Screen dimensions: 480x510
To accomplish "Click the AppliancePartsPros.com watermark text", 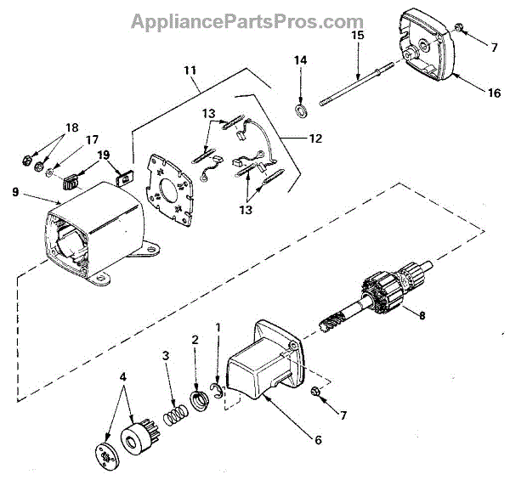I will point(246,21).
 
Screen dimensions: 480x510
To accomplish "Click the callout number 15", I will point(357,36).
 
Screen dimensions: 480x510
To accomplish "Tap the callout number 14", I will point(300,60).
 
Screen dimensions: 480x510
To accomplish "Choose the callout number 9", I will point(15,192).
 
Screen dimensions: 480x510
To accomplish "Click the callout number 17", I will point(90,139).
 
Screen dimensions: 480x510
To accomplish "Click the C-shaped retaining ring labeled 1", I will point(218,392).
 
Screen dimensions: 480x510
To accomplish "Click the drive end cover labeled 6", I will point(263,365).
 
